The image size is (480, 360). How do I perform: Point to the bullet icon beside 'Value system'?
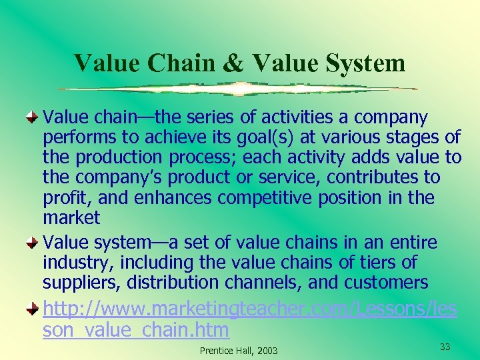33,243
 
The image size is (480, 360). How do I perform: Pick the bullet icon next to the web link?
33,309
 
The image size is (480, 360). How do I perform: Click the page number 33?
446,346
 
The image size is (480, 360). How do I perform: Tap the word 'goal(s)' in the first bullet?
245,138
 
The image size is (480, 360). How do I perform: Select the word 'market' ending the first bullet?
71,218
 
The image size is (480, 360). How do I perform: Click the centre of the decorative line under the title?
237,88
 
